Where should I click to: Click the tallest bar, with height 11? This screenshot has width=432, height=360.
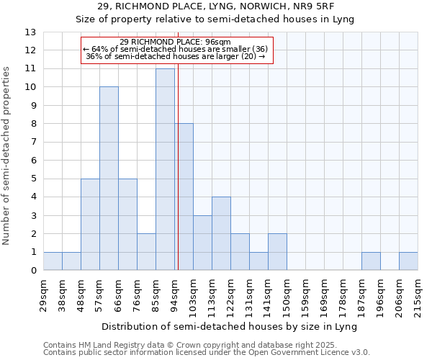[x=165, y=169]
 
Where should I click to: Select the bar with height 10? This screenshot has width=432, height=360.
[x=109, y=179]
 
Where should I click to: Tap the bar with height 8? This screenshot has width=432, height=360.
[x=184, y=197]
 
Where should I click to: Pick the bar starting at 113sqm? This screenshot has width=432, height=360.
[x=221, y=233]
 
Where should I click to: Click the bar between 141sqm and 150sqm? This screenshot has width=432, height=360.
[x=277, y=252]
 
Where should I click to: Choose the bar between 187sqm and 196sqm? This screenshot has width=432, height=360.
[x=371, y=261]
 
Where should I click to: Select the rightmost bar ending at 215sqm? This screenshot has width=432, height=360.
[x=408, y=261]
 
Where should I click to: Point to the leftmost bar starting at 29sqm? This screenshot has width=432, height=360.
[x=53, y=261]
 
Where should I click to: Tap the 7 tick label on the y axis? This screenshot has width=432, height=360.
[x=33, y=143]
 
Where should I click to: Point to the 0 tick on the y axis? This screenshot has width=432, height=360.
[x=33, y=271]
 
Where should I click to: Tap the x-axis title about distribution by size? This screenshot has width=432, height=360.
[x=230, y=326]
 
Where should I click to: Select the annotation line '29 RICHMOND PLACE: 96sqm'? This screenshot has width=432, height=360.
[x=176, y=42]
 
